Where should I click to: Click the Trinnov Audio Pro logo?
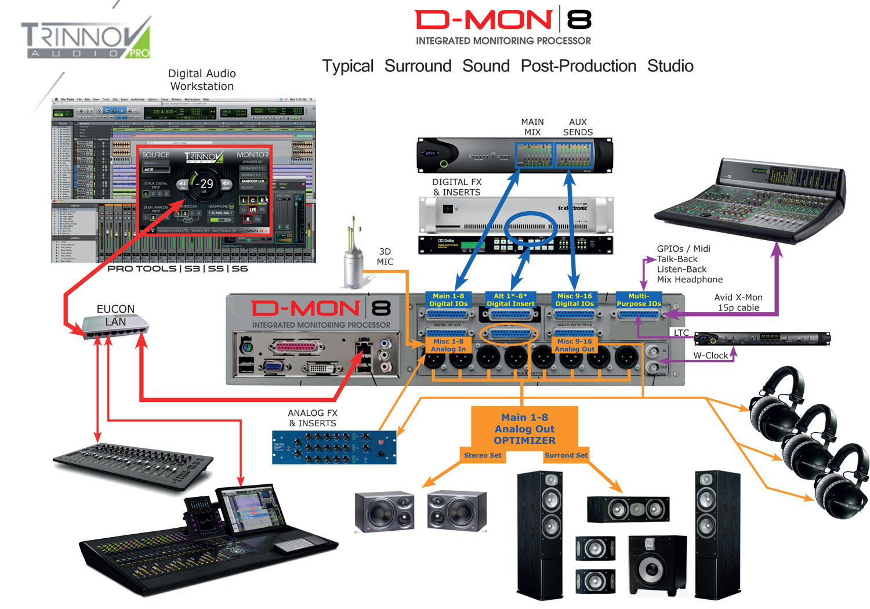click(86, 39)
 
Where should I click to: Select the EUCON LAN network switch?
click(115, 325)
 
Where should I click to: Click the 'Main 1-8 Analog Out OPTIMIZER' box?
click(524, 428)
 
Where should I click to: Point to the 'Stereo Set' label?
click(483, 455)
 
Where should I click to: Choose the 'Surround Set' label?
click(565, 455)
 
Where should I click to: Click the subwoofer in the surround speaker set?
click(657, 565)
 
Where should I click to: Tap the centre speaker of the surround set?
click(628, 509)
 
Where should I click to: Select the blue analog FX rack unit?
click(334, 447)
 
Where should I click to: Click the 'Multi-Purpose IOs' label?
click(639, 300)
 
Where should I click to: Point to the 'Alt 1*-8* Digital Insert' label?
click(510, 300)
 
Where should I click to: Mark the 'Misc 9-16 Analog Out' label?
click(574, 346)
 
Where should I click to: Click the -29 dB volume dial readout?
click(204, 184)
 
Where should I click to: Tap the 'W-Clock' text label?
click(710, 356)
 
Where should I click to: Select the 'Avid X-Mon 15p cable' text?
click(738, 302)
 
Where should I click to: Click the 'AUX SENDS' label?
click(578, 127)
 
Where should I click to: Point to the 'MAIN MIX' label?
click(532, 127)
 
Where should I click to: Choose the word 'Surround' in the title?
click(418, 66)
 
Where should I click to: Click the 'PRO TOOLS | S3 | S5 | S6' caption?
click(177, 269)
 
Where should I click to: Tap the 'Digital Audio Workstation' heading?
click(202, 80)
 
